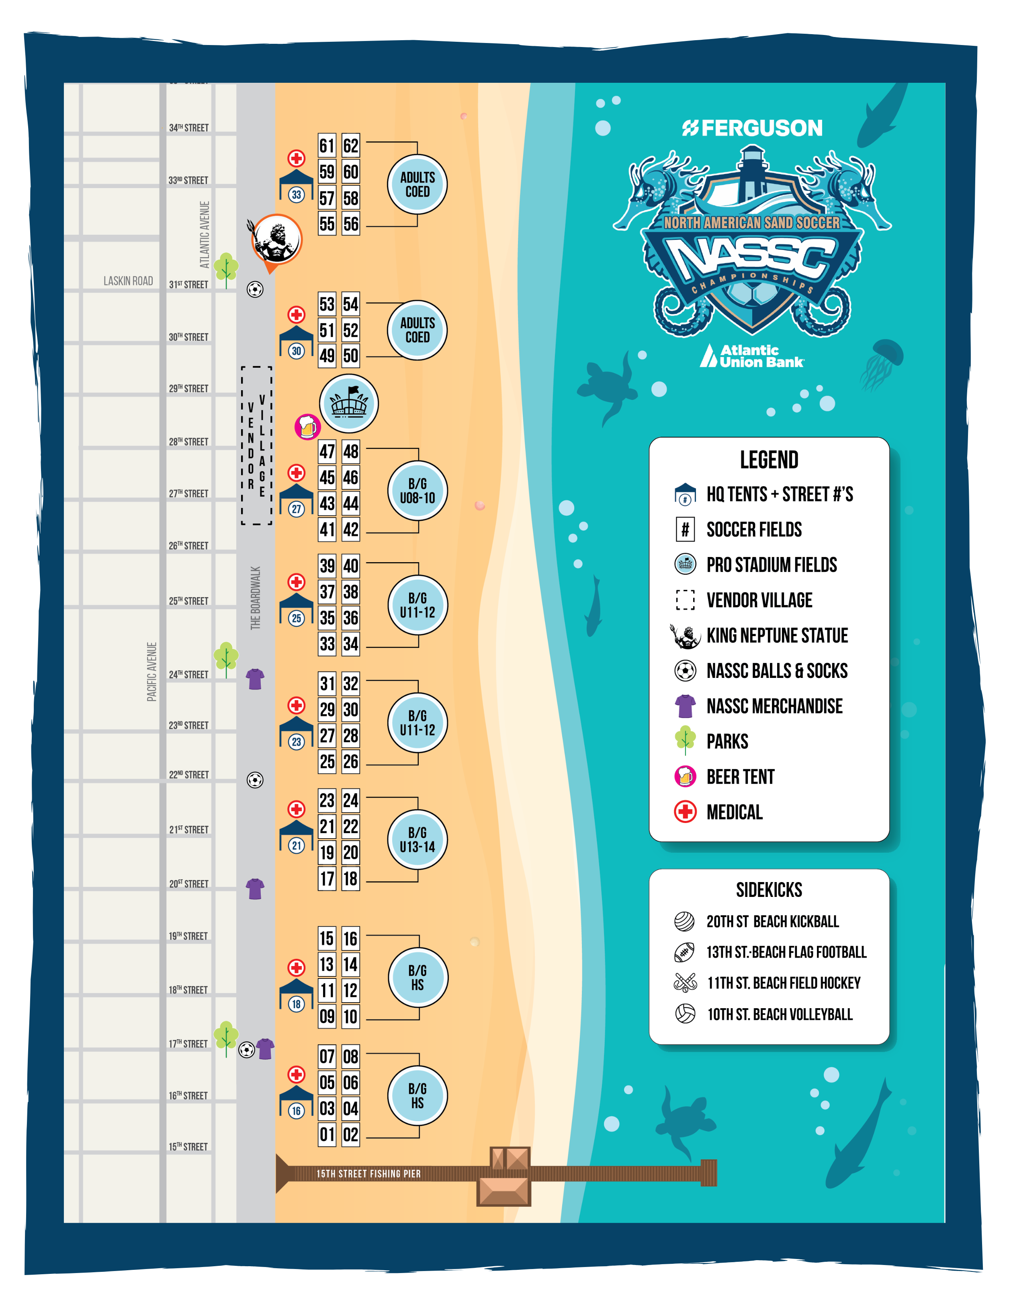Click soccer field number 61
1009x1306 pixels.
[327, 146]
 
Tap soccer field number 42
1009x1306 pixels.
[350, 529]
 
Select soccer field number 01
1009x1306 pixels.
[327, 1134]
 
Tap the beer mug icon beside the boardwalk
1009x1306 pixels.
[307, 427]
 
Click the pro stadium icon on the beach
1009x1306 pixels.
[349, 403]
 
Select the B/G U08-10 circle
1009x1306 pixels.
[418, 491]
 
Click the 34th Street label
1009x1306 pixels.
[188, 128]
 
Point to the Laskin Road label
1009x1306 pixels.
[128, 281]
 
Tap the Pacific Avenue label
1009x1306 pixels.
[152, 671]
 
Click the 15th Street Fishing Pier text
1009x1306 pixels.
[368, 1174]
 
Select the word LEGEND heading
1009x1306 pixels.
[769, 460]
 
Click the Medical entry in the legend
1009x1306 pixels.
[735, 812]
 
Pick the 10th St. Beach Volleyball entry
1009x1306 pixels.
[779, 1014]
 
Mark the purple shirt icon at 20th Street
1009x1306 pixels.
[255, 889]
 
